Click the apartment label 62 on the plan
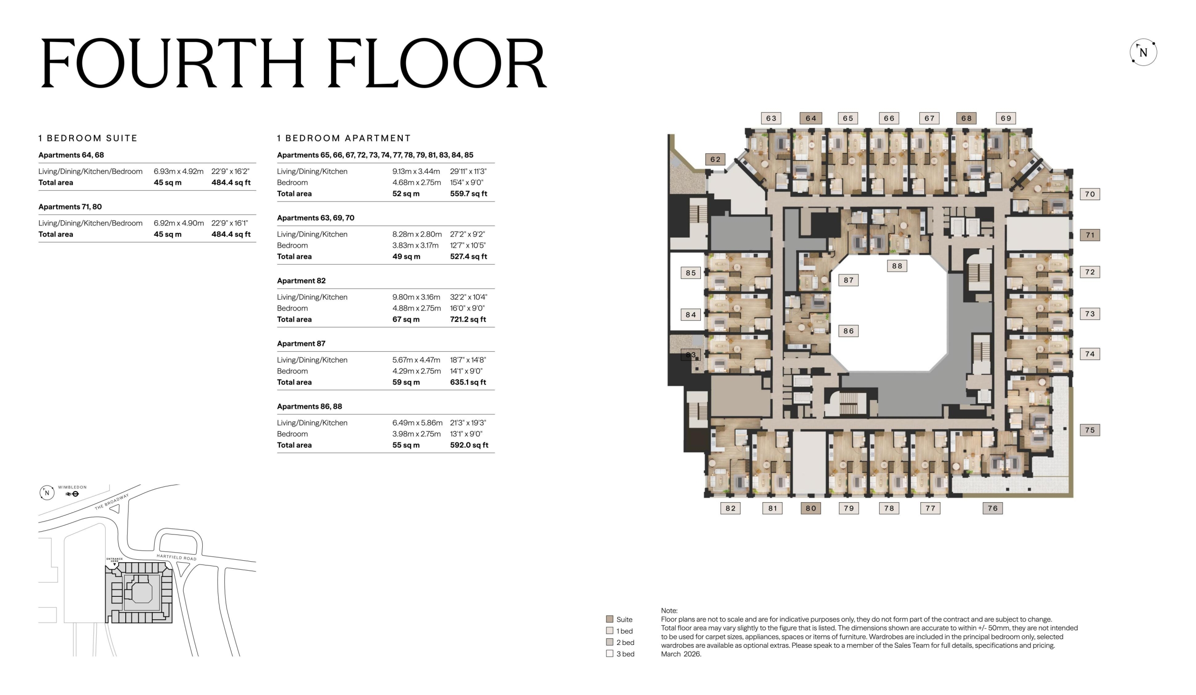click(715, 159)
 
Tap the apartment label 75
click(1089, 430)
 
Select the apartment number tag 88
click(897, 266)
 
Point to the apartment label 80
click(811, 508)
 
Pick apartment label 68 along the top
click(966, 118)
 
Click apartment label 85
click(691, 273)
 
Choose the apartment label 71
click(1089, 235)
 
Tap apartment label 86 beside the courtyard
click(848, 331)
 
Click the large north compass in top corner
click(1143, 52)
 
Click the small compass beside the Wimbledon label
click(47, 492)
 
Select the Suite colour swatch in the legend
click(609, 619)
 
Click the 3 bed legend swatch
click(609, 653)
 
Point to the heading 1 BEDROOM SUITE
click(88, 138)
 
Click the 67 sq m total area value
click(406, 319)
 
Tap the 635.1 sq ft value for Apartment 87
click(468, 382)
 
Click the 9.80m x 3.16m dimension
click(416, 297)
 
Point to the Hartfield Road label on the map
click(177, 557)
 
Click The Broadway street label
click(112, 502)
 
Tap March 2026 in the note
click(681, 654)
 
